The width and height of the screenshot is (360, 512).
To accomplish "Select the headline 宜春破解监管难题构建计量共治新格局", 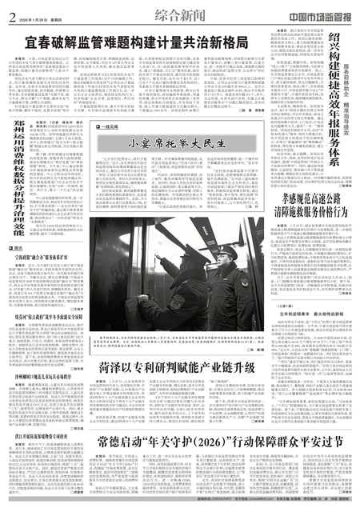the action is (136, 40).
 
